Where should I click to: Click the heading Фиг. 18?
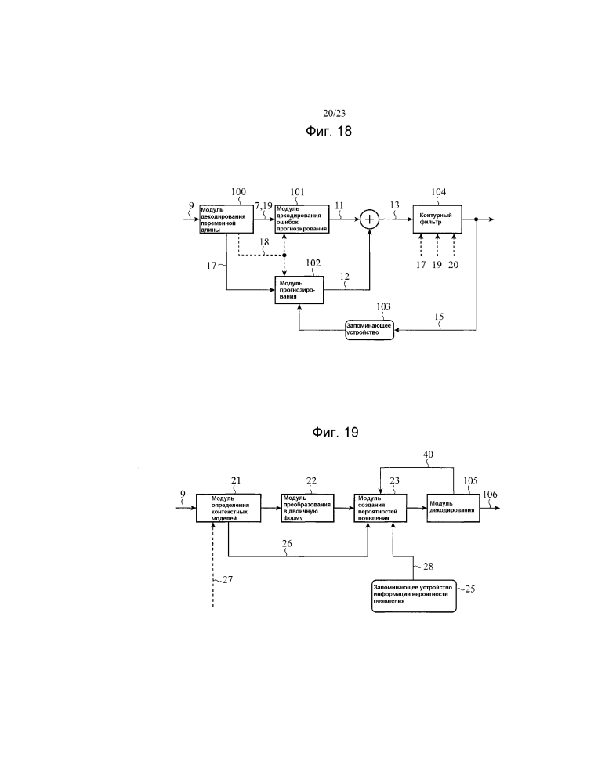328,132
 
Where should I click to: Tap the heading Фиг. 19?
335,433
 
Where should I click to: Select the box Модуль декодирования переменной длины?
226,219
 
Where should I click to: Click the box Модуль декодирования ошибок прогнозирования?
302,219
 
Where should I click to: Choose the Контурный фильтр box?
437,219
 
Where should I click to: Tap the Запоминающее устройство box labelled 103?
370,330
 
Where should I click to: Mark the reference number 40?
427,455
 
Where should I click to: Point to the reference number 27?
227,579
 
